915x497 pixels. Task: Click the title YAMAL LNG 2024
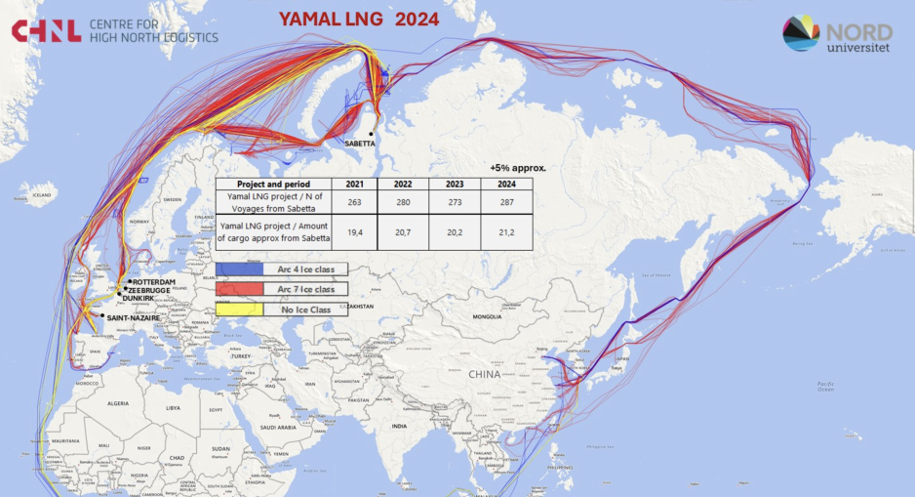[358, 19]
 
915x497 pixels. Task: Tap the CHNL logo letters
[46, 31]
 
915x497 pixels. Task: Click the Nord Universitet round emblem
[801, 33]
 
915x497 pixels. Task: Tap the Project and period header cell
[273, 184]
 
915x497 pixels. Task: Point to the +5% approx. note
[517, 167]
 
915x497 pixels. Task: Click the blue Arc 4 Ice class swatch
[239, 269]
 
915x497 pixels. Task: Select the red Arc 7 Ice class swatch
[239, 289]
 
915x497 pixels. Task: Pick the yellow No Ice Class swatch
[239, 310]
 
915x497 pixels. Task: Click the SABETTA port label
[365, 143]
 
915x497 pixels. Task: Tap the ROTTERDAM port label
[153, 282]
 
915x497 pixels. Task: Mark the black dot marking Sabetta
[372, 133]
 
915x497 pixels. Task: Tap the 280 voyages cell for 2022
[405, 201]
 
